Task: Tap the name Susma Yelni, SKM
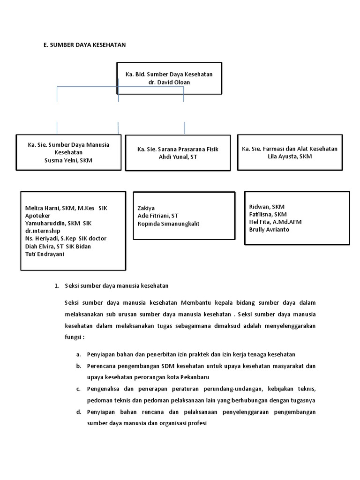coord(68,160)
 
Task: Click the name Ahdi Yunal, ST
coord(178,157)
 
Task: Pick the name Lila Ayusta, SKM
coord(289,157)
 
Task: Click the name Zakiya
coord(146,208)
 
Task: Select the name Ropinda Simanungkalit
coord(168,224)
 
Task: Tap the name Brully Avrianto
coord(269,230)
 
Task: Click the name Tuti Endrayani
coord(45,254)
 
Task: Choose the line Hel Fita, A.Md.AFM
coord(275,222)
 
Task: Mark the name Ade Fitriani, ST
coord(158,216)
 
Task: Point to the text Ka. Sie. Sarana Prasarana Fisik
coord(178,149)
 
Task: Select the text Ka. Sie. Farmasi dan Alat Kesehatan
coord(289,149)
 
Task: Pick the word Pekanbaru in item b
coord(194,377)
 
